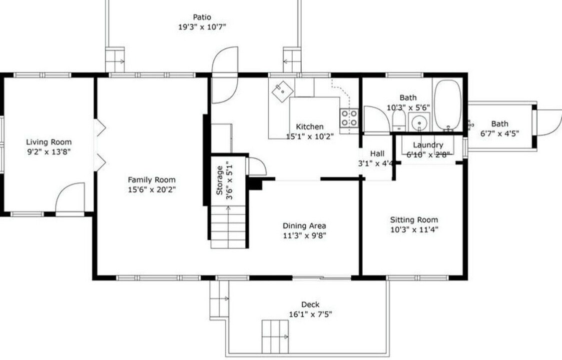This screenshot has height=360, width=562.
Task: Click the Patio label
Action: (x=202, y=17)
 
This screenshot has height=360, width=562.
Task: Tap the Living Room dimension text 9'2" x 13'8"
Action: (x=49, y=151)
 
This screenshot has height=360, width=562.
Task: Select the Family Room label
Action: (x=151, y=179)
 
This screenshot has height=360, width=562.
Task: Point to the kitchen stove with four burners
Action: (x=349, y=118)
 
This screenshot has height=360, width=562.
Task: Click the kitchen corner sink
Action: (x=282, y=91)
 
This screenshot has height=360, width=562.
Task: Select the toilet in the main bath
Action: (x=399, y=120)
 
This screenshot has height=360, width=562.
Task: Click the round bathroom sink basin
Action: (x=419, y=122)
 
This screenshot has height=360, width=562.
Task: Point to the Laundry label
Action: (x=428, y=145)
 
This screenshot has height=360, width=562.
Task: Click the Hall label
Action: (x=377, y=153)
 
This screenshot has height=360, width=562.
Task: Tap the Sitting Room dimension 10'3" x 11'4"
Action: (x=414, y=229)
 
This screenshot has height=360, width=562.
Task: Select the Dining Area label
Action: (x=304, y=225)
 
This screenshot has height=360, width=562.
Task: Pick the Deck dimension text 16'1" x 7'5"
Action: (x=310, y=314)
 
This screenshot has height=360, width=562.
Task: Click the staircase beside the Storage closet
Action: (x=228, y=226)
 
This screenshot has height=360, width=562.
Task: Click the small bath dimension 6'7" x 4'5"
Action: (x=500, y=133)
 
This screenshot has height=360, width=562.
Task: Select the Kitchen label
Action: (x=310, y=126)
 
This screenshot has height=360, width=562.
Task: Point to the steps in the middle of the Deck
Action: (x=275, y=336)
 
